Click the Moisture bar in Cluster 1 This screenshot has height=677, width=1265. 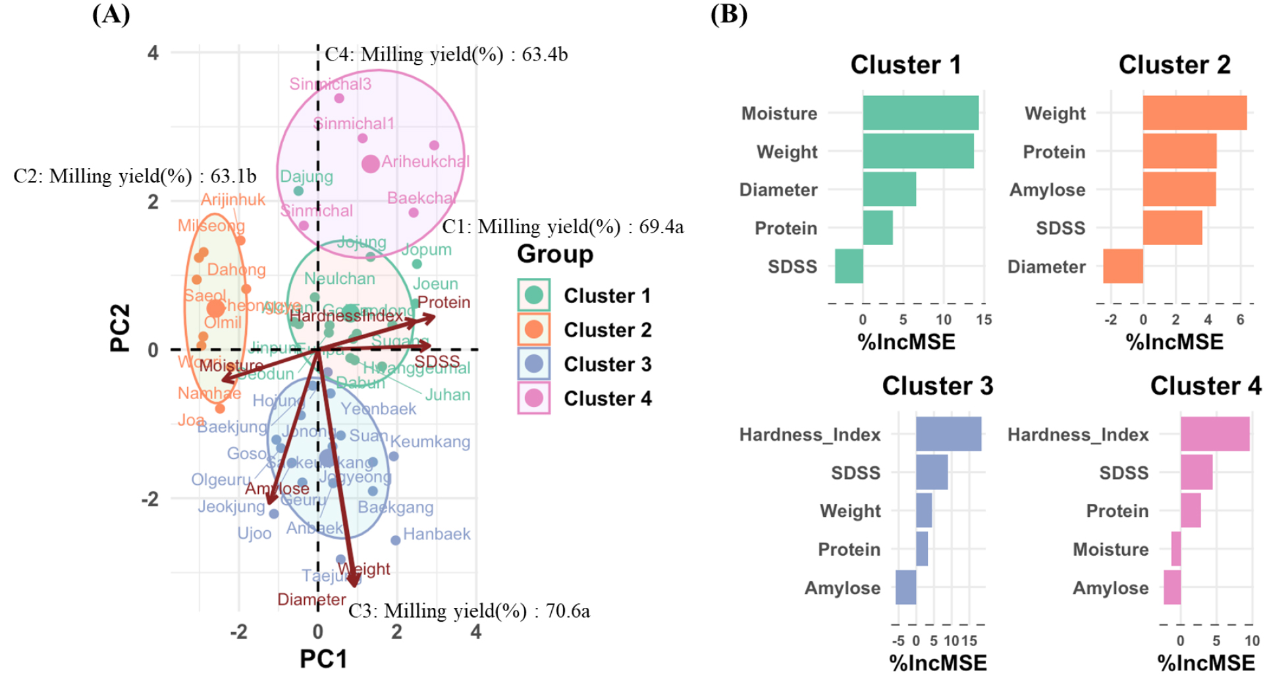(x=920, y=113)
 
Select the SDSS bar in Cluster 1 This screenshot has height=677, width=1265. (x=849, y=266)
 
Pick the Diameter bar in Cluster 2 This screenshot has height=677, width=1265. (x=1123, y=266)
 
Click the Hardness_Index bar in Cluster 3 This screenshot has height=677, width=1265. (x=948, y=434)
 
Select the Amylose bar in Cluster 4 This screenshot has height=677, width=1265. (x=1172, y=587)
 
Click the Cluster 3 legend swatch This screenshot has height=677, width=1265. (x=534, y=364)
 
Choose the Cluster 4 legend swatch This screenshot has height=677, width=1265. (x=534, y=398)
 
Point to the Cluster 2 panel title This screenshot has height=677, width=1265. (x=1174, y=65)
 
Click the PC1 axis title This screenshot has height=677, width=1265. (x=323, y=659)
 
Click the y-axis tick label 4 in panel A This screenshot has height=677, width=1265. (x=153, y=53)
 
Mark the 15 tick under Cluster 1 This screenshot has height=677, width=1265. (x=984, y=320)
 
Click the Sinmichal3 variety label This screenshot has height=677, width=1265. (x=330, y=84)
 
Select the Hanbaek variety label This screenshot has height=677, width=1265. (x=437, y=534)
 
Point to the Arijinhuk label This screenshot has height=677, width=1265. (x=232, y=200)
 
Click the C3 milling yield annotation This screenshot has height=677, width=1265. (x=469, y=611)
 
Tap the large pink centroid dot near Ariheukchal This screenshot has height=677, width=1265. (x=371, y=164)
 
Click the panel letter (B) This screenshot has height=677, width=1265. (x=728, y=14)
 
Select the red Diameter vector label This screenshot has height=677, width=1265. (x=311, y=600)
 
